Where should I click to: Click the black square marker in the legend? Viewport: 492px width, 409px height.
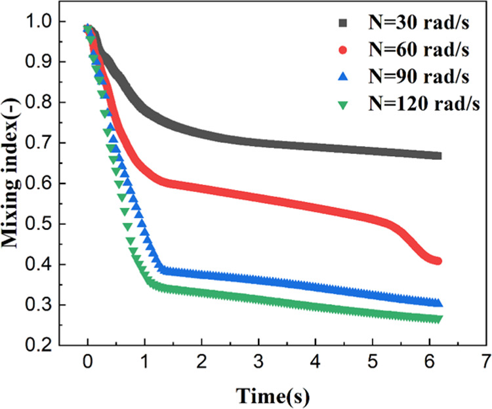click(341, 24)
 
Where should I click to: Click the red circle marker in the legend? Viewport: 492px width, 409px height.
click(341, 50)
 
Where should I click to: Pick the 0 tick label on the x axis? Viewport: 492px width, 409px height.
click(88, 362)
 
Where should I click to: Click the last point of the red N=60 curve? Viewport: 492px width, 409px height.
click(438, 261)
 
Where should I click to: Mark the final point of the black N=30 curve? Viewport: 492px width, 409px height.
click(438, 156)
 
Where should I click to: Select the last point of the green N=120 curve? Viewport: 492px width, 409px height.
click(438, 319)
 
